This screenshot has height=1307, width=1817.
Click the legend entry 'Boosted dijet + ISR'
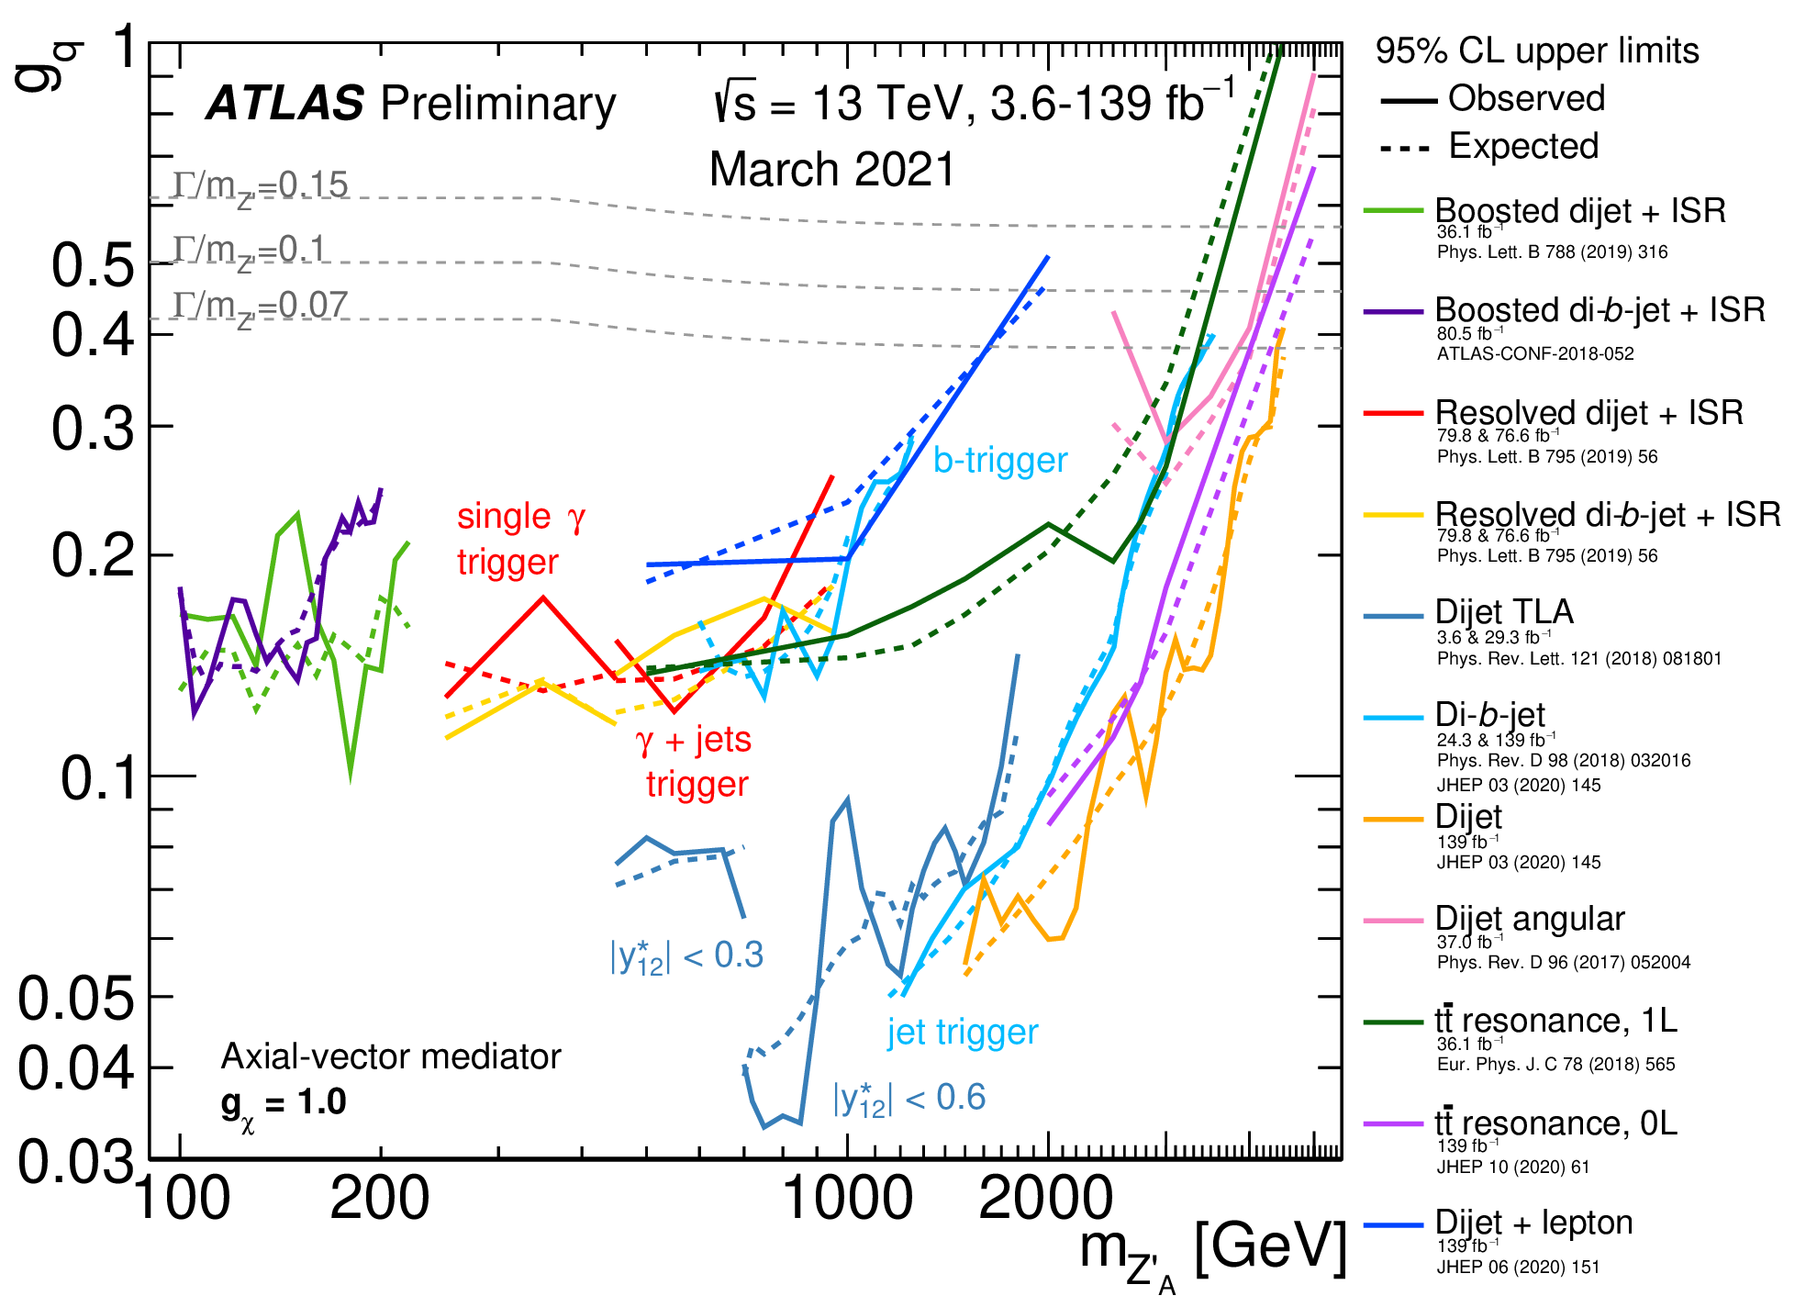pyautogui.click(x=1579, y=211)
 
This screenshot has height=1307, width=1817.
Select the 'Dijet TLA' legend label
pyautogui.click(x=1504, y=612)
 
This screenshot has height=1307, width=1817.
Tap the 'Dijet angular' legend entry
pyautogui.click(x=1529, y=919)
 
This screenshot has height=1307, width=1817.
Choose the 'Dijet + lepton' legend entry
pyautogui.click(x=1533, y=1223)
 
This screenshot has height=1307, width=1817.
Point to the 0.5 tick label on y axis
pyautogui.click(x=92, y=266)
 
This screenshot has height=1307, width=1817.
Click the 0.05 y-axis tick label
pyautogui.click(x=75, y=998)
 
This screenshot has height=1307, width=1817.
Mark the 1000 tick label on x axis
pyautogui.click(x=847, y=1199)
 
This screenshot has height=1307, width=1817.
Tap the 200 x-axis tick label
pyautogui.click(x=379, y=1199)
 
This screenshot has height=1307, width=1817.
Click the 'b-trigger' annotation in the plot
pyautogui.click(x=1000, y=460)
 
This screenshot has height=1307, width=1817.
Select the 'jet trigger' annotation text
pyautogui.click(x=962, y=1033)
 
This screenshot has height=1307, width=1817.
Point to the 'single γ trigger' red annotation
pyautogui.click(x=519, y=539)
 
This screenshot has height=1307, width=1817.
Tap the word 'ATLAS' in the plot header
pyautogui.click(x=285, y=103)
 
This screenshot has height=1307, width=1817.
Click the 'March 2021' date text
pyautogui.click(x=832, y=170)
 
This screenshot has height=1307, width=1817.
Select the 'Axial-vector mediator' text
pyautogui.click(x=391, y=1057)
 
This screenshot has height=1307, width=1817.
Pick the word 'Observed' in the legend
pyautogui.click(x=1526, y=98)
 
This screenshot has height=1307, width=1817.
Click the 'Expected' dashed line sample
pyautogui.click(x=1405, y=148)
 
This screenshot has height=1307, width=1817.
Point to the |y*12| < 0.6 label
pyautogui.click(x=908, y=1098)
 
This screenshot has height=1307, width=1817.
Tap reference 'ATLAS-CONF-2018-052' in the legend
pyautogui.click(x=1535, y=354)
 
